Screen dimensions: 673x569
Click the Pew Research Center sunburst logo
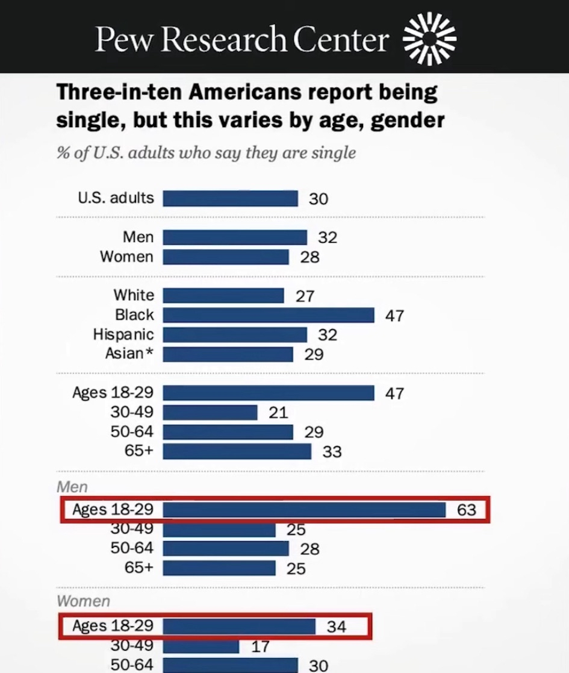[x=429, y=39]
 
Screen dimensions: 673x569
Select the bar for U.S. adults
[x=230, y=198]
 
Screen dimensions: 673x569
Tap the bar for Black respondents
[x=269, y=315]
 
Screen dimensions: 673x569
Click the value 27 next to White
[x=305, y=296]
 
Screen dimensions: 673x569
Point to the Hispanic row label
[x=123, y=334]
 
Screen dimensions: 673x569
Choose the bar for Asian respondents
[x=228, y=354]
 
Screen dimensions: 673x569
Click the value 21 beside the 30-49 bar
[x=278, y=413]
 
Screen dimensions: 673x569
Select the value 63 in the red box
[x=467, y=510]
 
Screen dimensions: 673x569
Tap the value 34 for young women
[x=337, y=627]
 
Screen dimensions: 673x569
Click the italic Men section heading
[x=72, y=487]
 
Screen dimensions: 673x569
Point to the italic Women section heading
[x=83, y=601]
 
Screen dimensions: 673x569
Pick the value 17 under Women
[x=260, y=646]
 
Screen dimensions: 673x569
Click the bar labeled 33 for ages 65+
[x=237, y=451]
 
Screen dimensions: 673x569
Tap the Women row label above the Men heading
[x=126, y=257]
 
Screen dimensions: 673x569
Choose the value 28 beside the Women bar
[x=309, y=257]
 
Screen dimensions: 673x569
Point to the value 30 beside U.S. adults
[x=319, y=199]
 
